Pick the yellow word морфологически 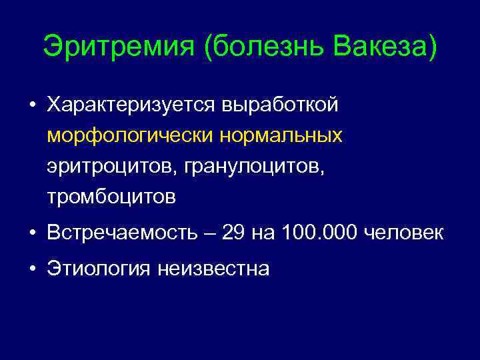click(x=129, y=136)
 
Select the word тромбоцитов click(x=111, y=197)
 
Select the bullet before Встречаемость click(x=32, y=233)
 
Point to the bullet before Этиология click(x=32, y=269)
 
